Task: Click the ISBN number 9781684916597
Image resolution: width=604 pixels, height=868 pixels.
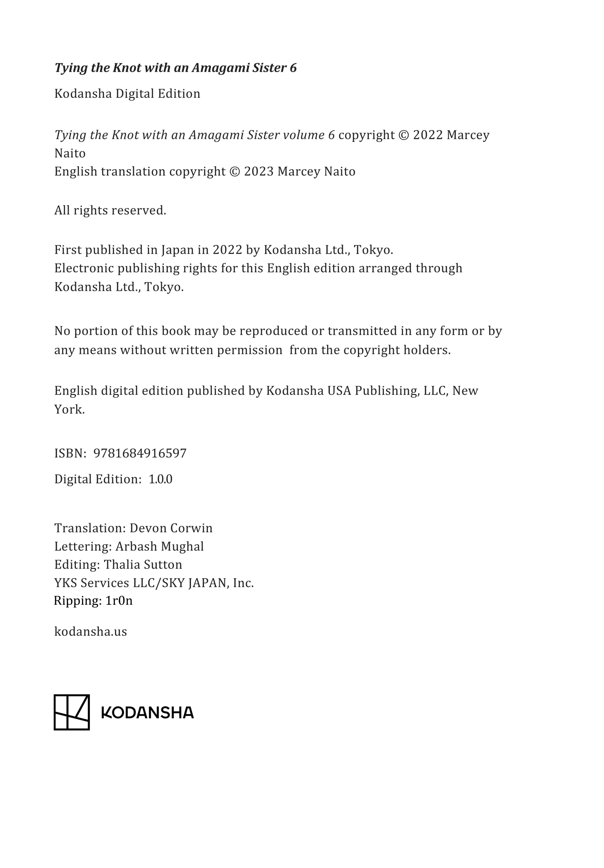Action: click(140, 453)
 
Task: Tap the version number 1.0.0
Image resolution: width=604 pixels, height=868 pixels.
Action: click(160, 479)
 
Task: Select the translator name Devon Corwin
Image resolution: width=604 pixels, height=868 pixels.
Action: click(171, 528)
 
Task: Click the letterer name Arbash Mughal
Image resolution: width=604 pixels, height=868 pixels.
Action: click(159, 547)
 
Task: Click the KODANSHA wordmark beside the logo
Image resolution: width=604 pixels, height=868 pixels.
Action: click(148, 713)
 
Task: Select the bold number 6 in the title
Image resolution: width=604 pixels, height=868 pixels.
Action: click(293, 68)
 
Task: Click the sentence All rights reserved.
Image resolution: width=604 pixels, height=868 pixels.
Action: click(110, 211)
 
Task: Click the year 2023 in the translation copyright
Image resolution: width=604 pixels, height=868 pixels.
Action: click(259, 172)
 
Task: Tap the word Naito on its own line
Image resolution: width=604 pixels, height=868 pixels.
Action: click(70, 153)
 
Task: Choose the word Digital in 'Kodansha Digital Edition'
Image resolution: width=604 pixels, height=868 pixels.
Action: click(135, 94)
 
